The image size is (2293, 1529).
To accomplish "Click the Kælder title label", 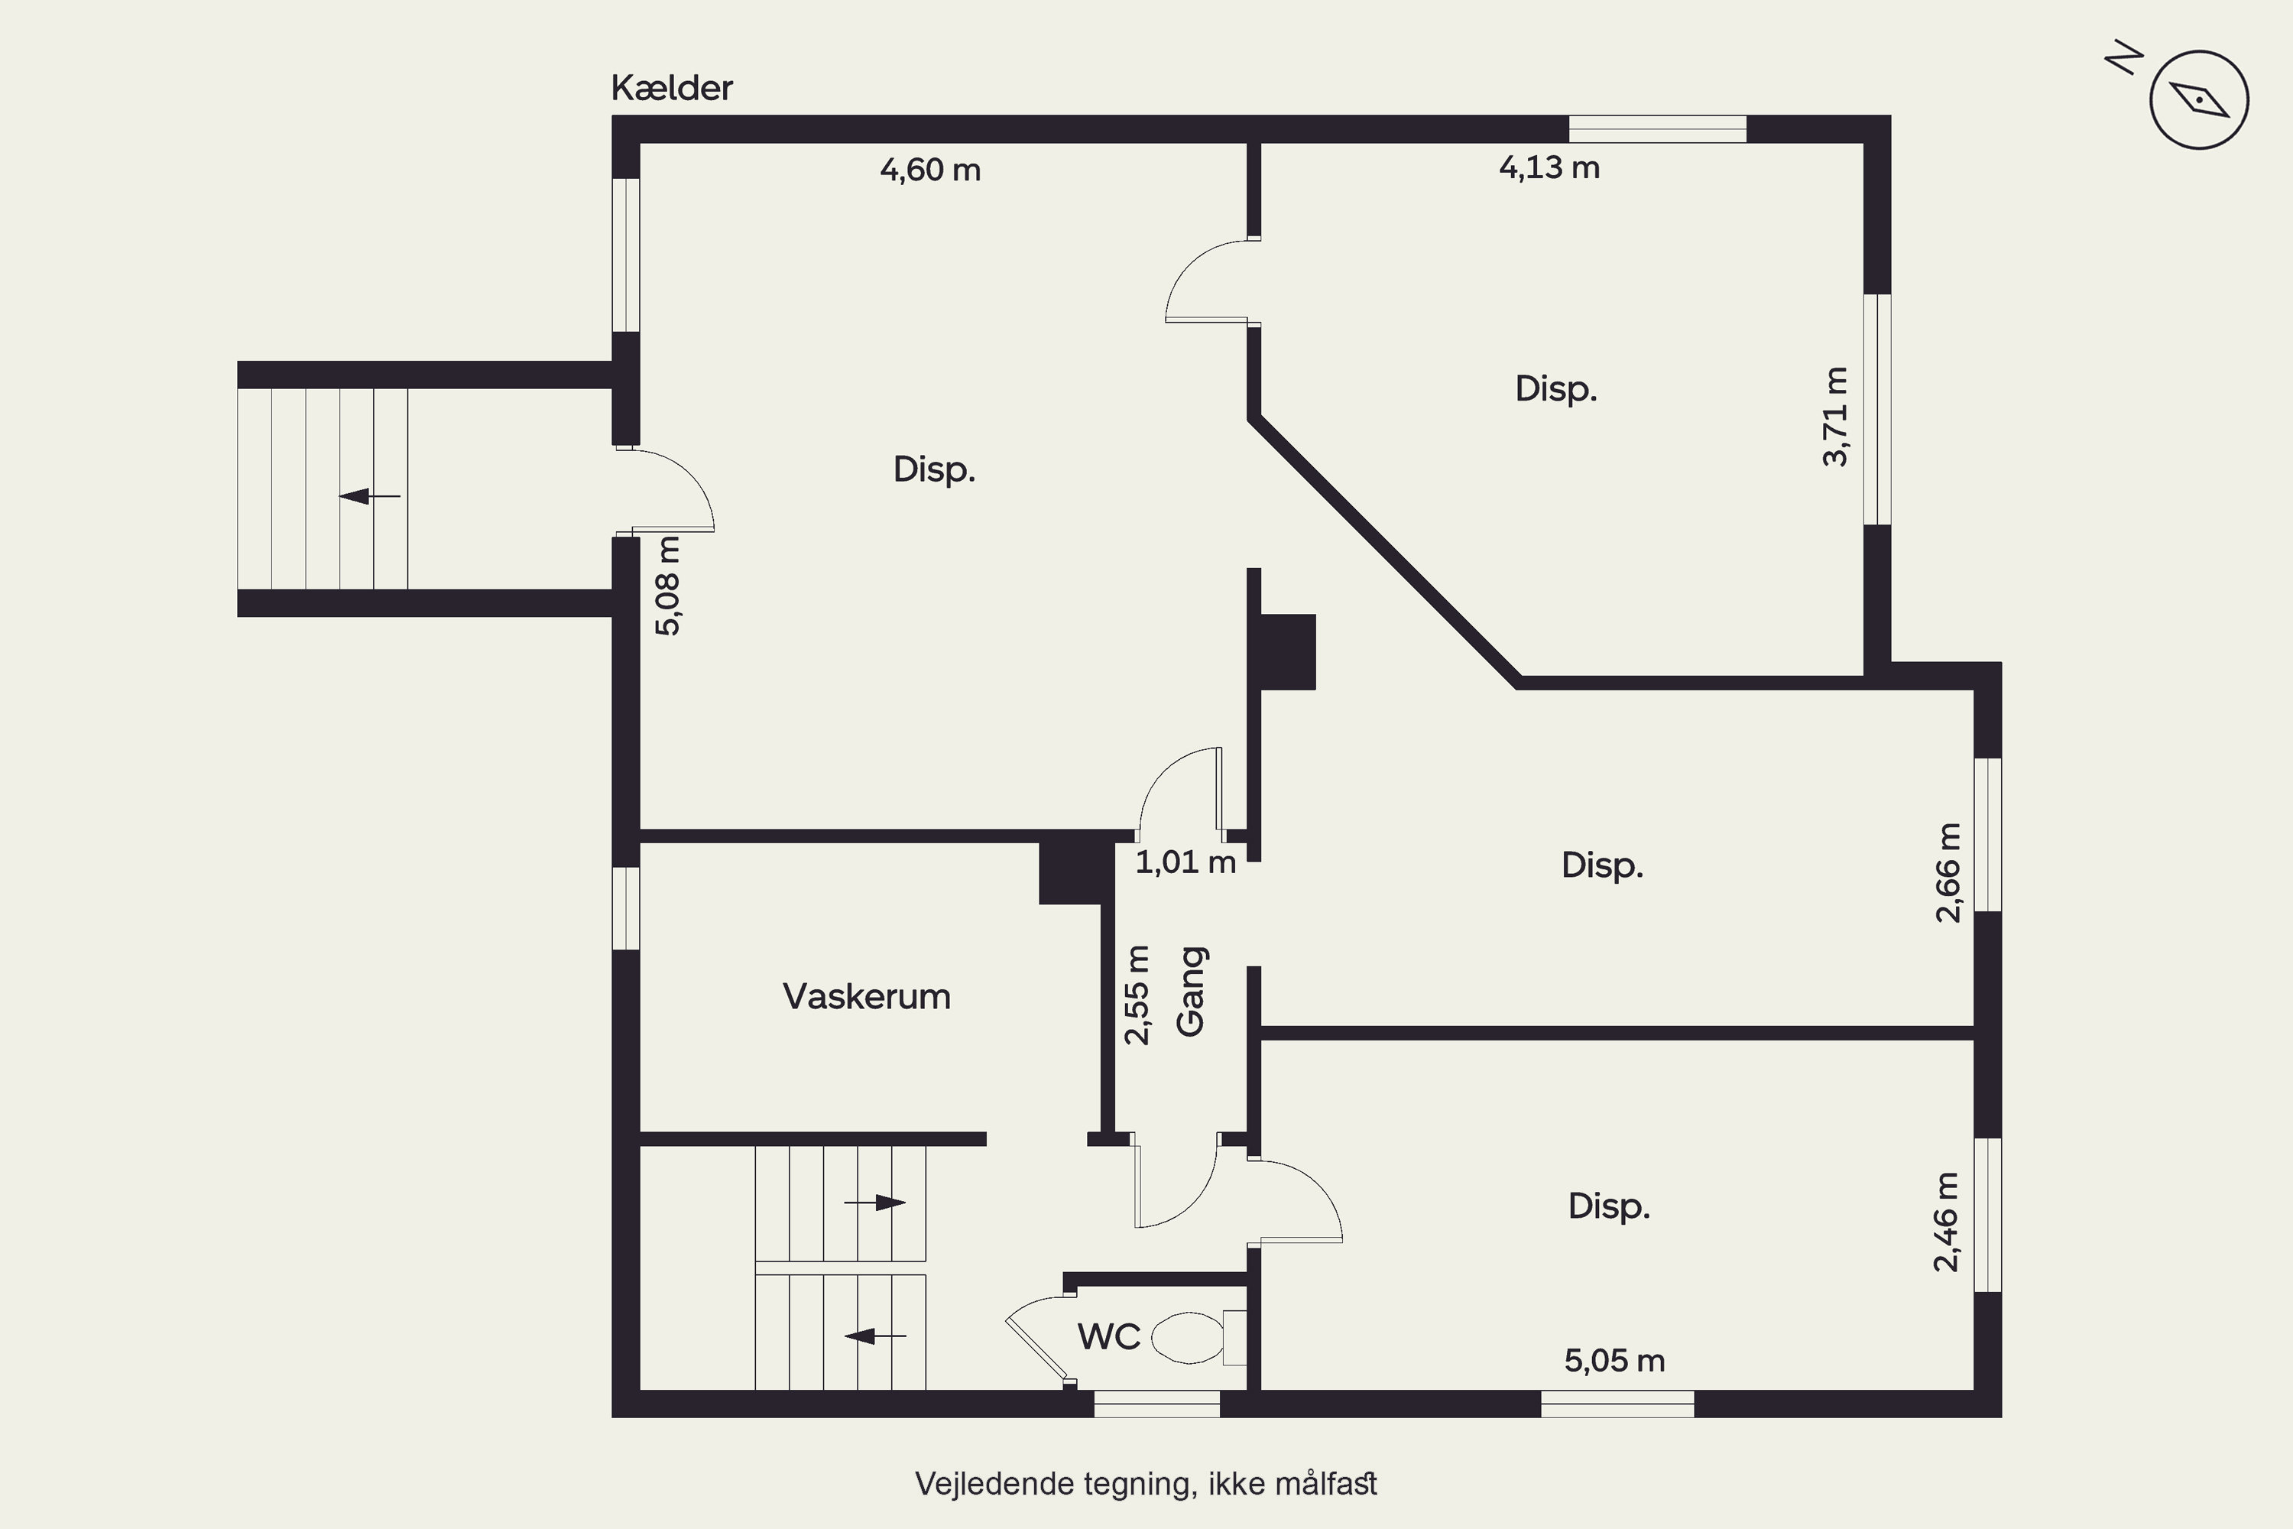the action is click(x=672, y=89).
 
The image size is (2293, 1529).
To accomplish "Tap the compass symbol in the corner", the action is click(x=2200, y=100).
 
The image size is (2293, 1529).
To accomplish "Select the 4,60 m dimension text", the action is click(x=930, y=170).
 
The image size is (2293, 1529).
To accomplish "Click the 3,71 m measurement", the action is click(x=1835, y=417).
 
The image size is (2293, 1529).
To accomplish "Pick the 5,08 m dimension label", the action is click(x=668, y=586).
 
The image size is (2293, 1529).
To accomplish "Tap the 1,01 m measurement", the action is click(x=1185, y=862).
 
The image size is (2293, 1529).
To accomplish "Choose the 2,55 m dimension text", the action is click(x=1137, y=995).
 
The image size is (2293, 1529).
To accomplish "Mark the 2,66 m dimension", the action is click(x=1948, y=873).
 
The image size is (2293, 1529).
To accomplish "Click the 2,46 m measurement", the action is click(x=1946, y=1222).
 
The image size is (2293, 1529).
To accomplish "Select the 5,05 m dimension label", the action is click(x=1614, y=1360).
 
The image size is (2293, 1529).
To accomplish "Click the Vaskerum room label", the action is click(x=867, y=997).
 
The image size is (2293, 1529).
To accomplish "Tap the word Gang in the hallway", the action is click(x=1192, y=991).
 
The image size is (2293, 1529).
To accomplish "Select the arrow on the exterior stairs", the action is click(x=369, y=496).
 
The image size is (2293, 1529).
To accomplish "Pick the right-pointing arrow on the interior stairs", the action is click(x=874, y=1203).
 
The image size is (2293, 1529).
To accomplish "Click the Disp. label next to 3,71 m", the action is click(x=1556, y=390).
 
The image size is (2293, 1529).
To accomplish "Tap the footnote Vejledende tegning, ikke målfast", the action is click(x=1146, y=1483).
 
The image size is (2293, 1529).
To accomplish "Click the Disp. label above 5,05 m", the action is click(x=1609, y=1207).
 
